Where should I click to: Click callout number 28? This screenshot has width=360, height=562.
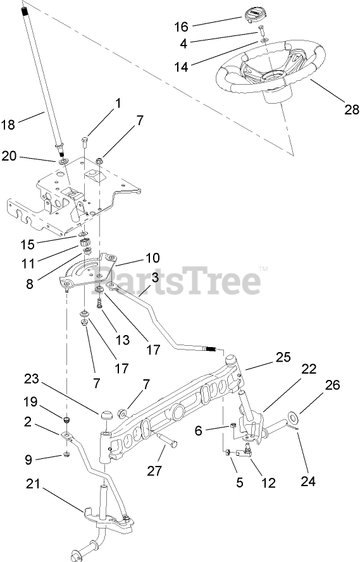pos(351,109)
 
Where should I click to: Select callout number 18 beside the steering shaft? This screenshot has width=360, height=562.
pos(8,125)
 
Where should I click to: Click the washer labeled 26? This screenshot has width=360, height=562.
pos(294,417)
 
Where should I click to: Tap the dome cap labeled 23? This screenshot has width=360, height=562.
pos(106,416)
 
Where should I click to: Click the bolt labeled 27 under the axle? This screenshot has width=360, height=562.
pos(168,439)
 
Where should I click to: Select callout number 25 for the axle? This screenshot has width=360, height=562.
pos(283,357)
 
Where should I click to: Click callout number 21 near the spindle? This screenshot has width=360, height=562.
pos(33,484)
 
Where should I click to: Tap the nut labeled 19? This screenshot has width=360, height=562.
pos(66,420)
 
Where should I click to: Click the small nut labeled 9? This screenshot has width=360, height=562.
pos(66,455)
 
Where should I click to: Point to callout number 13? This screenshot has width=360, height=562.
pos(122,339)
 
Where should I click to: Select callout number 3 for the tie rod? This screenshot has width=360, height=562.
pos(155,278)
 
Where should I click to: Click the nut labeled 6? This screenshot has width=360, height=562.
pos(232,426)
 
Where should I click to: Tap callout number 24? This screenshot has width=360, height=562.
pos(307,480)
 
